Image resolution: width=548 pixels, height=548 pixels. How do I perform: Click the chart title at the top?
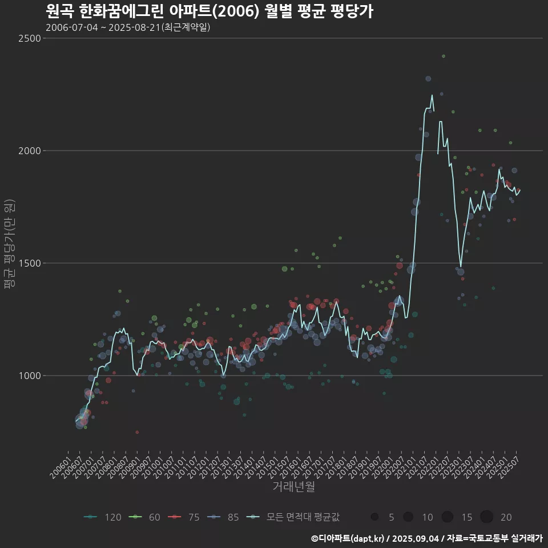coord(209,11)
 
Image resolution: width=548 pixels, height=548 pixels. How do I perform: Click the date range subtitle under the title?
coord(128,27)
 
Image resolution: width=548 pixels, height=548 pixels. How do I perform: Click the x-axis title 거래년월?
coord(293,486)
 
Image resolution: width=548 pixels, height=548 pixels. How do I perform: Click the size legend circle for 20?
coord(486,517)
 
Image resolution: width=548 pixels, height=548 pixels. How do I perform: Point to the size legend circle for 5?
coord(374,517)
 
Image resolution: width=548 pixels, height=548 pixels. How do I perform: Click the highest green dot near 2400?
coord(444,56)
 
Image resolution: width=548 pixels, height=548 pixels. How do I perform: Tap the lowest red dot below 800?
coord(137,432)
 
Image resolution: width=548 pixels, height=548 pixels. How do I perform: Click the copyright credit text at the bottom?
coord(426,538)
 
